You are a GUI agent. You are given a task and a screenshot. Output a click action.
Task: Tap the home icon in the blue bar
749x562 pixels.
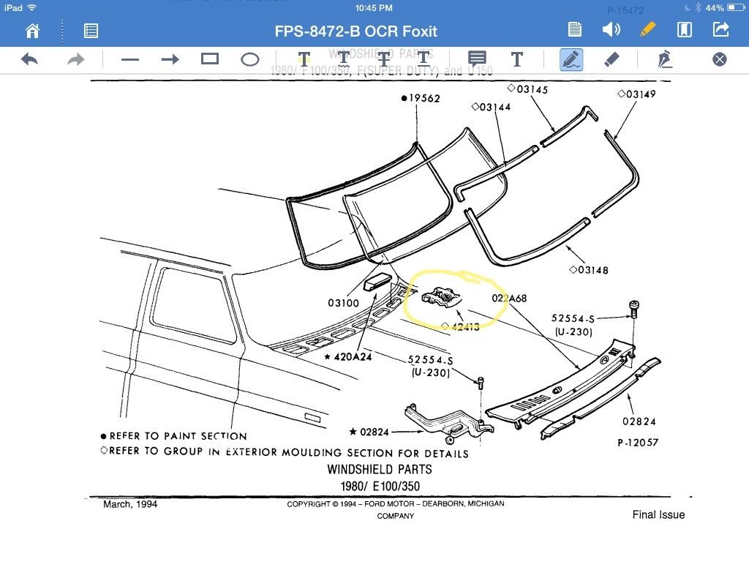tap(32, 30)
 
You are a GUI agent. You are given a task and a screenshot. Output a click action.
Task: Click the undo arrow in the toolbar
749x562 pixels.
tap(29, 59)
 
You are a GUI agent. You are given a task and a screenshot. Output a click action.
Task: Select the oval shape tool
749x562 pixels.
tap(250, 59)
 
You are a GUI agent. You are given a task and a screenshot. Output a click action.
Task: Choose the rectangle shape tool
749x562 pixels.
tap(210, 59)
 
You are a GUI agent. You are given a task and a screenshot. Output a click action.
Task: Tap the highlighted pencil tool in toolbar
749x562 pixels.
tap(571, 59)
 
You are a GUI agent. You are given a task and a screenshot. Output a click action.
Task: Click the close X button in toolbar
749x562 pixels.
tap(719, 59)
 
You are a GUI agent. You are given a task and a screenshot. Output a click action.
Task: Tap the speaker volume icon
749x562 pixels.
tap(611, 30)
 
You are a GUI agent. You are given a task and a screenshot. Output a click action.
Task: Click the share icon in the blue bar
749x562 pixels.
tap(720, 30)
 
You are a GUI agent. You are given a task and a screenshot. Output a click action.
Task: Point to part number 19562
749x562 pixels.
tap(424, 99)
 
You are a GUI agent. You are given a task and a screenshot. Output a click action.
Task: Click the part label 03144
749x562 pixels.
tap(494, 107)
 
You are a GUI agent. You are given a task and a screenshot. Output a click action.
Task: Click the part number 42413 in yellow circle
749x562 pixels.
tap(464, 326)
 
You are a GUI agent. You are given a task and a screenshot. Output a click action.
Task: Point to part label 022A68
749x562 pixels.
tap(509, 298)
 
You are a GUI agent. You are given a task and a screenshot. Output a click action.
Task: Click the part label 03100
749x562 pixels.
tap(343, 302)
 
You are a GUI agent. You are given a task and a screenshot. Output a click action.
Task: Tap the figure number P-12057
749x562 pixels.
tap(639, 443)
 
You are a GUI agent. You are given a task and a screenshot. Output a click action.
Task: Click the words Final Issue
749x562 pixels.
tap(658, 514)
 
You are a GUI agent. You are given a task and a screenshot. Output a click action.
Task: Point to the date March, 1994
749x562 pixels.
tap(130, 504)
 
